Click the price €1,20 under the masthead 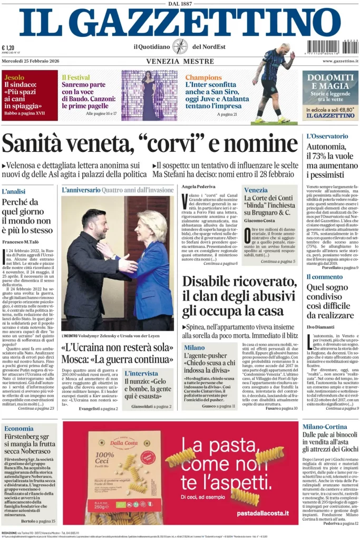click(8, 47)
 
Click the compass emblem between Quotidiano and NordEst click(180, 46)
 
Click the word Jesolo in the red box click(14, 77)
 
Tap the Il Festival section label click(75, 77)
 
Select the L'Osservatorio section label click(327, 136)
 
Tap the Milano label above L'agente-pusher click(194, 348)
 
